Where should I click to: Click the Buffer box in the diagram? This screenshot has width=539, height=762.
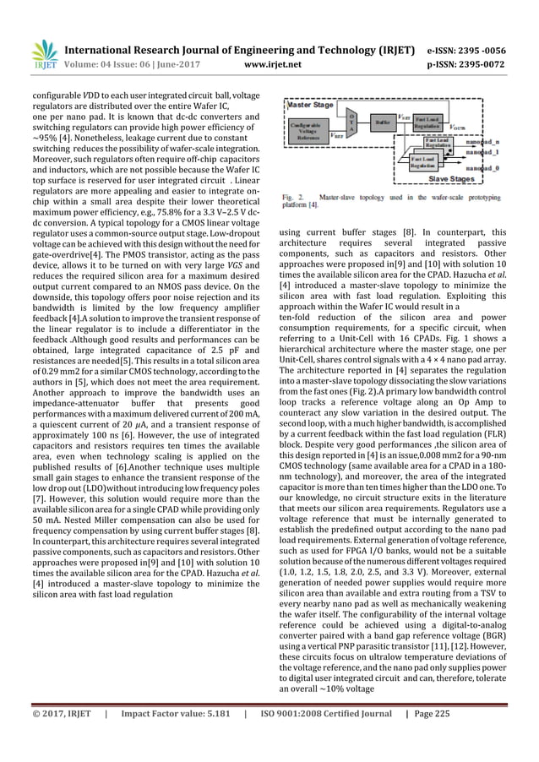tap(380, 122)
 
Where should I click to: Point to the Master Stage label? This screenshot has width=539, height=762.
tap(310, 106)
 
